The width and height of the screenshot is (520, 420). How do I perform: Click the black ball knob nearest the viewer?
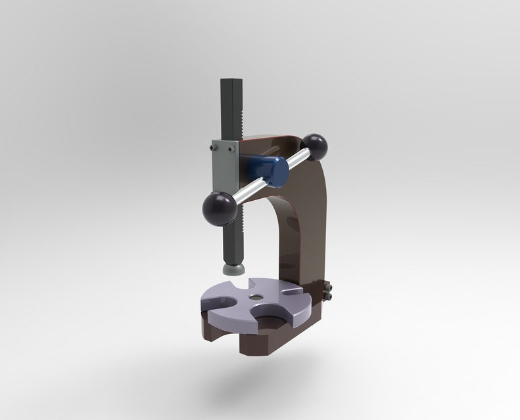219,208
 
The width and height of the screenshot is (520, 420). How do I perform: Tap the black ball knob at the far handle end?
316,146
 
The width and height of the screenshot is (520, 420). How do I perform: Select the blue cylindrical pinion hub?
271,169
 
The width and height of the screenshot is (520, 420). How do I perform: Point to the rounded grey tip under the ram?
233,268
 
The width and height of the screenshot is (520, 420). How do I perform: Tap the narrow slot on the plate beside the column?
287,289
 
